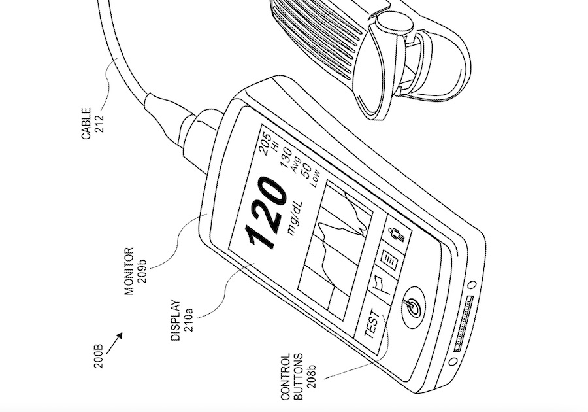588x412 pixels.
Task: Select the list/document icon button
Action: coord(389,259)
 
